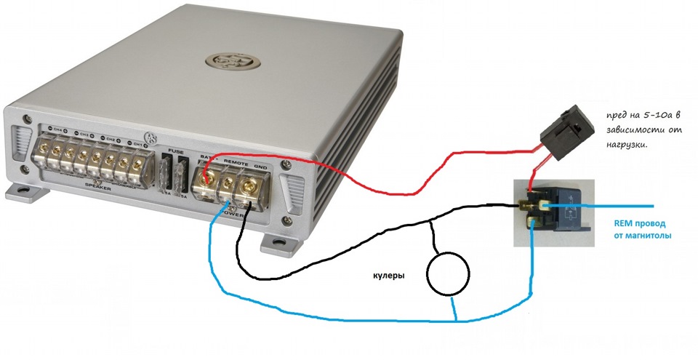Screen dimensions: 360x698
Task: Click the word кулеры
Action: (x=385, y=276)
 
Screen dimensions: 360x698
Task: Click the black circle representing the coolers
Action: (x=447, y=273)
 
